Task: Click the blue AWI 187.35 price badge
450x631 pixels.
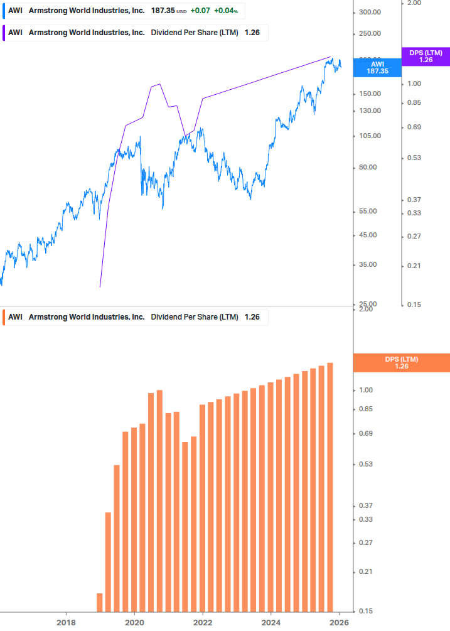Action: click(377, 67)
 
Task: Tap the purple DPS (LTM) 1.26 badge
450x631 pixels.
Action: click(425, 57)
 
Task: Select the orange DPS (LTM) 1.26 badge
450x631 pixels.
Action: click(402, 362)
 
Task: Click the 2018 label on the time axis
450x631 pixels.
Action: click(66, 623)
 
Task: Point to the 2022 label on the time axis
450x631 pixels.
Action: click(202, 623)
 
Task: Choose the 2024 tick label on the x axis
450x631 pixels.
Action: click(271, 623)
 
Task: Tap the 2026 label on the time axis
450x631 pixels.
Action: click(339, 623)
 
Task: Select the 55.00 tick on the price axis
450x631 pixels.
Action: click(370, 212)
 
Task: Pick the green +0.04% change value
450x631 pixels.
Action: click(226, 11)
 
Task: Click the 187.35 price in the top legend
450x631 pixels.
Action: click(163, 11)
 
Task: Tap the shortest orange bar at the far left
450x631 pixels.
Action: click(100, 602)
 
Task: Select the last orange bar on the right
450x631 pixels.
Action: click(330, 487)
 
